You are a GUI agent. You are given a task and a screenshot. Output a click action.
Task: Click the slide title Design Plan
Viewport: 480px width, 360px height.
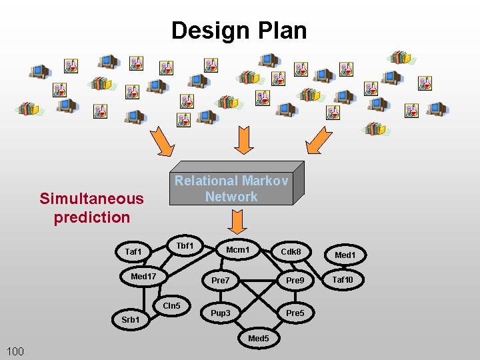click(x=239, y=31)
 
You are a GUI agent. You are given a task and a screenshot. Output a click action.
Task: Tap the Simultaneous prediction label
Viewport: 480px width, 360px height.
click(x=92, y=207)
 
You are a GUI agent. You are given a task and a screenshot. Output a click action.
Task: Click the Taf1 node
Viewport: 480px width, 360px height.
click(x=133, y=251)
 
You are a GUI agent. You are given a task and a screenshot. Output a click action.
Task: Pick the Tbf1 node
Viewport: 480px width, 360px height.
click(x=185, y=246)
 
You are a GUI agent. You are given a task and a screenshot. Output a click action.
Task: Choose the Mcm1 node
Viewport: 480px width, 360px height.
click(x=238, y=250)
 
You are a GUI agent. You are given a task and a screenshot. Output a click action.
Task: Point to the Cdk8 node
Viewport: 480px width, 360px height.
click(x=291, y=252)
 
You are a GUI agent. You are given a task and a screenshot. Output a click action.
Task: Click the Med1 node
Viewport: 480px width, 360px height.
click(x=345, y=255)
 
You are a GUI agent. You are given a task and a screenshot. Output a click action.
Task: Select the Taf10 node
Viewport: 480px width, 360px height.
click(x=343, y=280)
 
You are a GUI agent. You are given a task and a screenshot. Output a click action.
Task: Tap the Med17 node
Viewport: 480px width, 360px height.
click(x=143, y=276)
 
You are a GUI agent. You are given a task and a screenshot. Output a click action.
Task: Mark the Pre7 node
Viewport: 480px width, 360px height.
click(x=220, y=281)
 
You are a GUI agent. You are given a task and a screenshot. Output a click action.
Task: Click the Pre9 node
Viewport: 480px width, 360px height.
click(x=295, y=281)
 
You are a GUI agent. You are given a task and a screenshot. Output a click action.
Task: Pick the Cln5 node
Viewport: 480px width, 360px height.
click(x=171, y=306)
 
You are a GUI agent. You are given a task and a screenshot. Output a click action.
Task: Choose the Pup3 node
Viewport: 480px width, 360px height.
click(x=221, y=313)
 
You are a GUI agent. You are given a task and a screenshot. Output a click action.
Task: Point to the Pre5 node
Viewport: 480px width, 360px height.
click(x=295, y=313)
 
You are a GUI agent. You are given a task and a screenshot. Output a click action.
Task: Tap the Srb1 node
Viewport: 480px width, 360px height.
click(x=131, y=320)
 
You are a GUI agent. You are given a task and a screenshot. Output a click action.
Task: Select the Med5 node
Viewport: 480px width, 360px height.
click(x=259, y=339)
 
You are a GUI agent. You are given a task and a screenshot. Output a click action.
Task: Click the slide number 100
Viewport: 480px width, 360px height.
click(x=15, y=351)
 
